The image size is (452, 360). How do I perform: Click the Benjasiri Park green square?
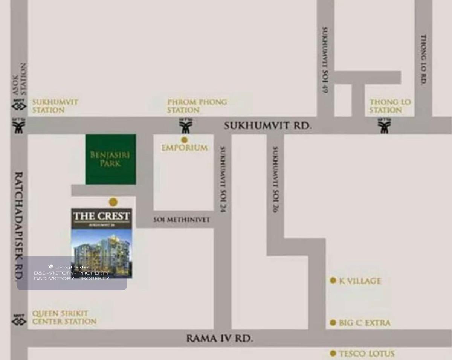point(110,159)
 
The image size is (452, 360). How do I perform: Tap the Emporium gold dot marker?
point(184,140)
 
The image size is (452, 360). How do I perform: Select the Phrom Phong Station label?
point(197,106)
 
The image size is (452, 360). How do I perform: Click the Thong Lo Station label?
point(390,106)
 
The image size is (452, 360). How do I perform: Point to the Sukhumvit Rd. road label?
point(267,125)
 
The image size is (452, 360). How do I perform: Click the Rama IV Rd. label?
point(220,338)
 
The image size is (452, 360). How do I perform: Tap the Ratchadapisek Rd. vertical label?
point(18,226)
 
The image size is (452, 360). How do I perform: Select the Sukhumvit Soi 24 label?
point(223,179)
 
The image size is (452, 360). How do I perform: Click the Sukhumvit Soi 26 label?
point(275,179)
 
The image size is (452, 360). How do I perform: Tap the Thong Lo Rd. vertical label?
point(423,59)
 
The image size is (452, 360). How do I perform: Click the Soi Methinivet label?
point(181,220)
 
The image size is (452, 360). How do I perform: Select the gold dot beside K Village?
point(333,280)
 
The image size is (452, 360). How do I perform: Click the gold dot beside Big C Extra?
point(333,322)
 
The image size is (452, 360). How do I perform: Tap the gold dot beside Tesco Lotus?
point(333,353)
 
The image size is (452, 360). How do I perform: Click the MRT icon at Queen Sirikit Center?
point(19,320)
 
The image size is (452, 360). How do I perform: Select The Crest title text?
point(101,216)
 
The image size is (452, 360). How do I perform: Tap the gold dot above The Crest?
point(113,202)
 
